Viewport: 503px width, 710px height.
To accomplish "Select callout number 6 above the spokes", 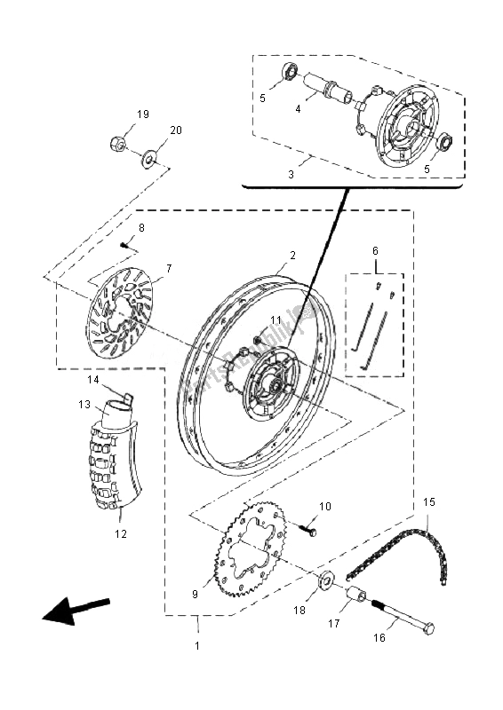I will [375, 251].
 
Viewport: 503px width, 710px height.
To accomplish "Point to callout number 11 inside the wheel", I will [275, 320].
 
